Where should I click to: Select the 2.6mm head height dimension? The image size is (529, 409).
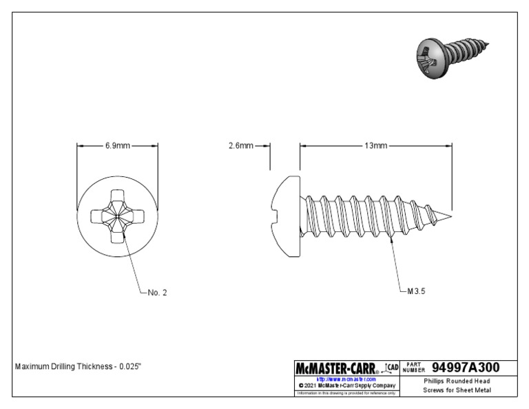pyautogui.click(x=241, y=146)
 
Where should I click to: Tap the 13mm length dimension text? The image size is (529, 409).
pyautogui.click(x=376, y=146)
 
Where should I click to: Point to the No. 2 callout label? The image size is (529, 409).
pyautogui.click(x=157, y=293)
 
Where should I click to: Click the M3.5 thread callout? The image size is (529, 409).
pyautogui.click(x=417, y=291)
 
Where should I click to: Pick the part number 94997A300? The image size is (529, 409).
pyautogui.click(x=465, y=368)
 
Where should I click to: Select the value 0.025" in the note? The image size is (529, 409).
pyautogui.click(x=129, y=366)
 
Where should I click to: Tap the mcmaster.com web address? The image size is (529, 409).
pyautogui.click(x=346, y=379)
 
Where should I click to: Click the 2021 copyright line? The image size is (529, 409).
pyautogui.click(x=346, y=386)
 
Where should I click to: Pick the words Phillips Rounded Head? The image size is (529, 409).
pyautogui.click(x=457, y=381)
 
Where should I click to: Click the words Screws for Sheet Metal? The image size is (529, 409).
pyautogui.click(x=457, y=390)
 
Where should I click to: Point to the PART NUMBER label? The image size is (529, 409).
pyautogui.click(x=415, y=368)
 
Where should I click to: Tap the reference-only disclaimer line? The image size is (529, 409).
pyautogui.click(x=346, y=393)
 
